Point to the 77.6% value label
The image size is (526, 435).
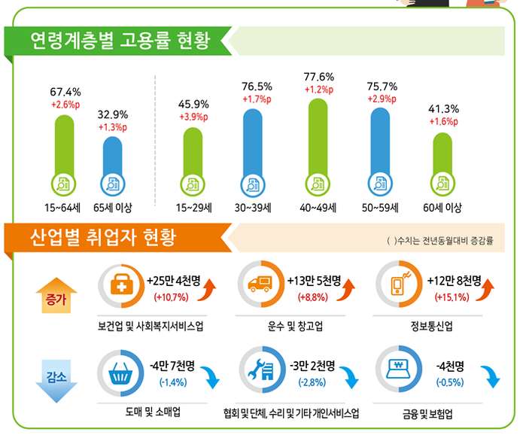pyautogui.click(x=319, y=78)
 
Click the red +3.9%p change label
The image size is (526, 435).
pyautogui.click(x=194, y=117)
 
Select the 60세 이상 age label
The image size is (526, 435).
pyautogui.click(x=443, y=207)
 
